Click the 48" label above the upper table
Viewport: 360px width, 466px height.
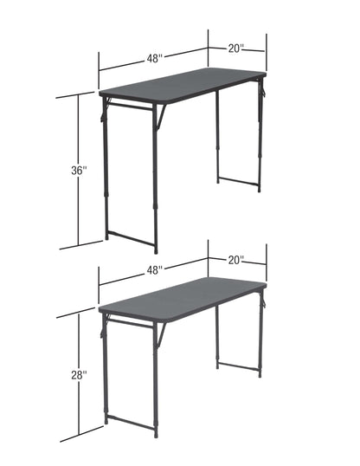[x=154, y=58]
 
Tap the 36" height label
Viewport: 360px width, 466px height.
[x=80, y=171]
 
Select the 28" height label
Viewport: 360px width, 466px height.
[x=80, y=375]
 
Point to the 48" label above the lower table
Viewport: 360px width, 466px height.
[x=154, y=269]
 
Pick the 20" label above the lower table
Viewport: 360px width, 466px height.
[x=236, y=259]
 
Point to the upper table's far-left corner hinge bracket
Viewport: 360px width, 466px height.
[x=106, y=109]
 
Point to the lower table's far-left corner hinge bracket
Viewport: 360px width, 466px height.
[x=106, y=326]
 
